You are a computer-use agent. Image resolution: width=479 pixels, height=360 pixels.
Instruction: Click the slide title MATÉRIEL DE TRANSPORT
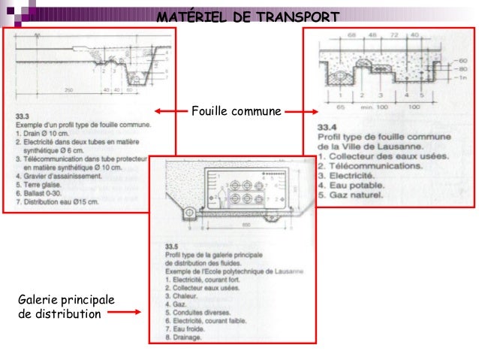248,17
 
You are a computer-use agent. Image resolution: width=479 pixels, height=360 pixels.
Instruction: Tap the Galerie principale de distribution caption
66,307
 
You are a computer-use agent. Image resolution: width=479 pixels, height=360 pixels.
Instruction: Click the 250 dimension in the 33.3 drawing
68,89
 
